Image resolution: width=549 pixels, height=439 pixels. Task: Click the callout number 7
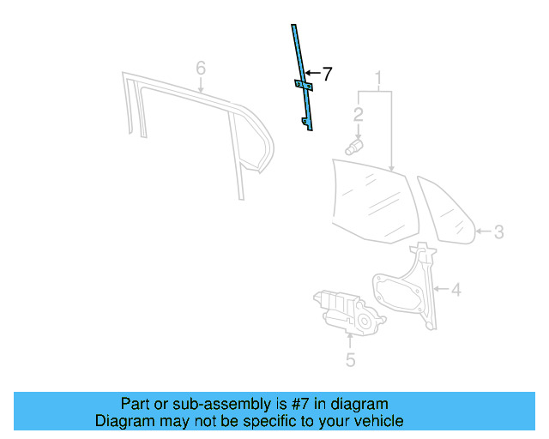tap(326, 74)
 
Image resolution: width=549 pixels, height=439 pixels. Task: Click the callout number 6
tap(201, 67)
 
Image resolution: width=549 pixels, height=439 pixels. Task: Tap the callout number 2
tap(358, 113)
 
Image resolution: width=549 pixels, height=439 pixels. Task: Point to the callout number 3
tap(498, 232)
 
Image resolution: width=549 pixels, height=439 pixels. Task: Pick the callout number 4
tap(455, 290)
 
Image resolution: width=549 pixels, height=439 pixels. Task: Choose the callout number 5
tap(350, 360)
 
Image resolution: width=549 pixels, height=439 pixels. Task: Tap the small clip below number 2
tap(354, 147)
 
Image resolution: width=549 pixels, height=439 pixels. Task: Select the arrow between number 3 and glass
tap(482, 232)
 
